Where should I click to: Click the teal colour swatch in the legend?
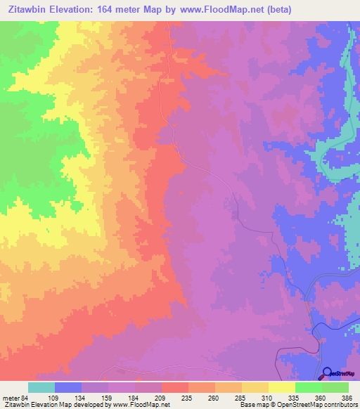tap(41, 387)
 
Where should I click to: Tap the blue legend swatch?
tap(68, 387)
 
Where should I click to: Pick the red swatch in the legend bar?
tap(175, 387)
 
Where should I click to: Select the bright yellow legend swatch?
tap(282, 387)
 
